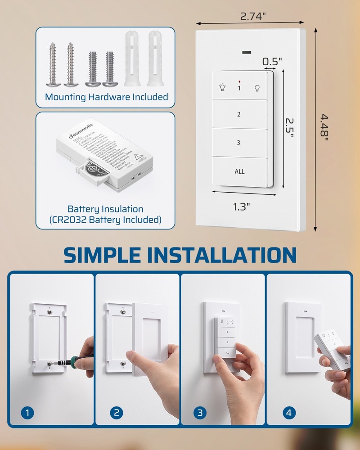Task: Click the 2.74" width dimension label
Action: [x=252, y=16]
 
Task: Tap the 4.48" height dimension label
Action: [x=325, y=126]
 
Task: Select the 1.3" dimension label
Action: [x=241, y=207]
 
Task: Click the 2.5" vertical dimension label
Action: [x=290, y=129]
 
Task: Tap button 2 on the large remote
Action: [x=239, y=114]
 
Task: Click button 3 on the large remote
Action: [x=239, y=143]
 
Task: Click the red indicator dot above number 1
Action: [x=239, y=81]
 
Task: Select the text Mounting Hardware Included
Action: [x=106, y=97]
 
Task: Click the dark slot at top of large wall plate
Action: [x=247, y=53]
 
